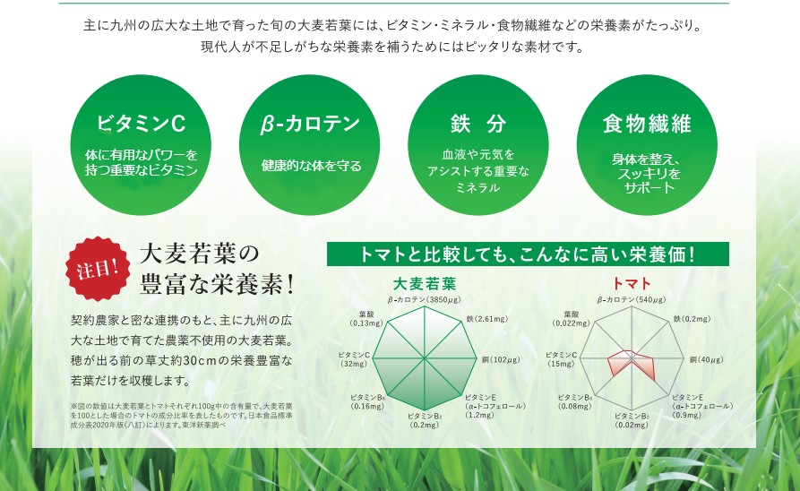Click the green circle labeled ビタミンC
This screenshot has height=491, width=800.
click(141, 145)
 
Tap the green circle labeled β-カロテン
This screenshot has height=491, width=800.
click(310, 145)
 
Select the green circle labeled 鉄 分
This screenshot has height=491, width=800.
click(478, 145)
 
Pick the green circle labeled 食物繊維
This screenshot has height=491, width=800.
click(647, 145)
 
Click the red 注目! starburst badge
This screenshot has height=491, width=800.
click(97, 268)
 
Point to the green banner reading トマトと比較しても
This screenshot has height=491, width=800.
click(528, 254)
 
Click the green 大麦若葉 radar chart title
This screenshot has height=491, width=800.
click(425, 283)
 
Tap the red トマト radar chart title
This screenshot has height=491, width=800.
click(632, 283)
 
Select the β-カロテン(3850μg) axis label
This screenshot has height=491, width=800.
click(424, 300)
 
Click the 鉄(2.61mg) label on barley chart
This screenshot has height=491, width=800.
click(486, 319)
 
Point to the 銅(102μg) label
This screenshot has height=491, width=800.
click(501, 359)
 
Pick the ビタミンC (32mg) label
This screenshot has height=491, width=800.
click(354, 359)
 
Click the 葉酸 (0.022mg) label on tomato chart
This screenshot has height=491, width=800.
click(572, 319)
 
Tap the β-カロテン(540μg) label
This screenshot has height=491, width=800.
click(632, 300)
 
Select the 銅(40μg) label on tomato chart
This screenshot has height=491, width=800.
click(707, 359)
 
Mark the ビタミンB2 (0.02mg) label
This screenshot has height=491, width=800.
click(632, 420)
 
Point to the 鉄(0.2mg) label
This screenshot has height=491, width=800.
click(692, 319)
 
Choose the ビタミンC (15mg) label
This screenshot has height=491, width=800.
click(561, 359)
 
